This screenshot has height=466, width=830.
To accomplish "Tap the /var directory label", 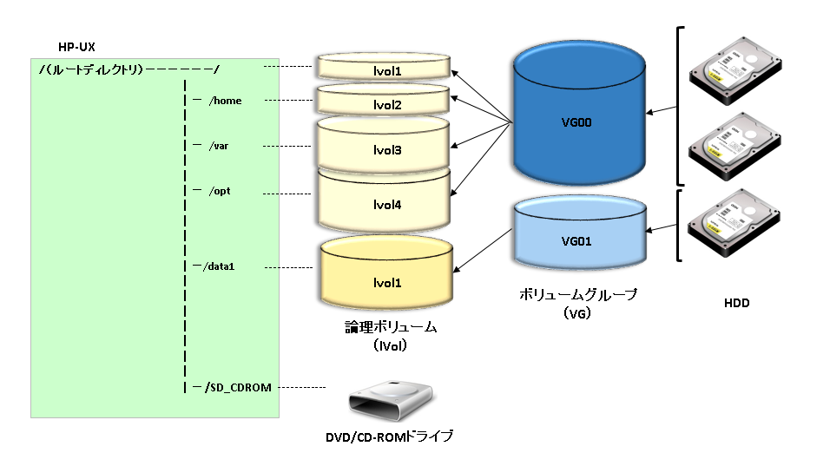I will [219, 146].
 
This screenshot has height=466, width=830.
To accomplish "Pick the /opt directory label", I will [220, 190].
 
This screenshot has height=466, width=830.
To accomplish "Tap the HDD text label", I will [736, 304].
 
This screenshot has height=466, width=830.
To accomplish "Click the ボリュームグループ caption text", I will [577, 295].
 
